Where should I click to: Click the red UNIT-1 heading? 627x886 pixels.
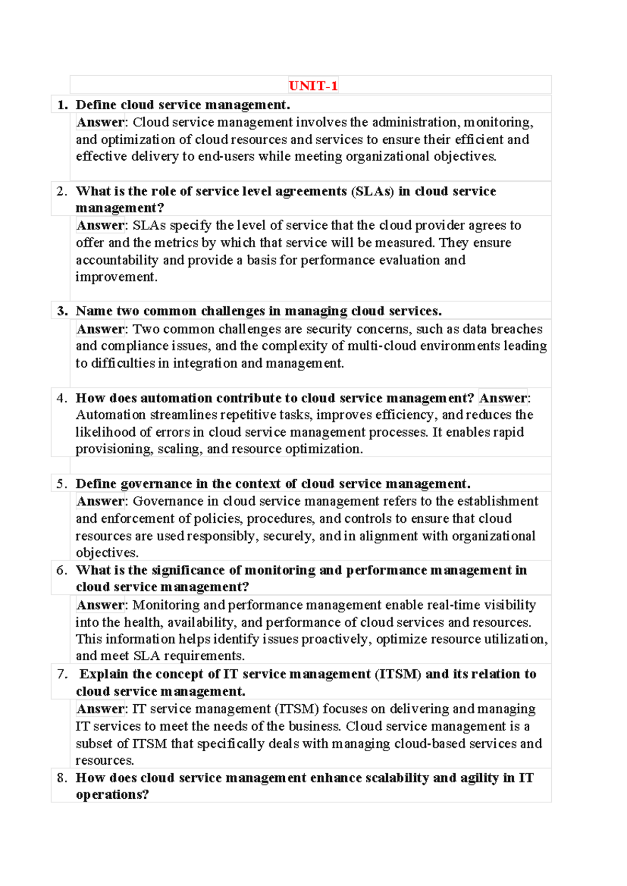pyautogui.click(x=313, y=86)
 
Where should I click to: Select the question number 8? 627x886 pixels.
pyautogui.click(x=62, y=778)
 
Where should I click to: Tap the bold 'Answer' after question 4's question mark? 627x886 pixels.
pyautogui.click(x=503, y=398)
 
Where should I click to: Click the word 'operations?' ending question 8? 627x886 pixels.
pyautogui.click(x=112, y=795)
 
